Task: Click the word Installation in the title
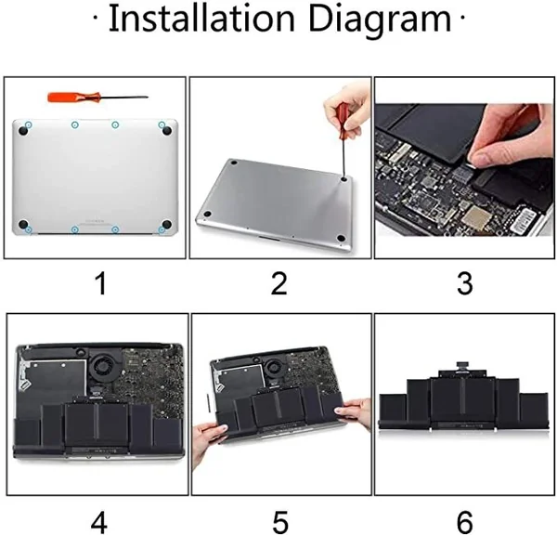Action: (x=201, y=19)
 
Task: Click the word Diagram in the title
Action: (x=380, y=20)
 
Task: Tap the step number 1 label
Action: (x=101, y=283)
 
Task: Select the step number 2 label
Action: (x=278, y=283)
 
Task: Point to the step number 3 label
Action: (x=465, y=283)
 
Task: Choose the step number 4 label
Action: (x=99, y=522)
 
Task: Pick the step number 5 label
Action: (x=280, y=522)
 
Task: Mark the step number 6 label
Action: (x=465, y=522)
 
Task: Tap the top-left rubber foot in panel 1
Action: (x=23, y=131)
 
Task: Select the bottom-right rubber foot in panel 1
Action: (x=166, y=224)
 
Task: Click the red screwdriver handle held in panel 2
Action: (x=344, y=115)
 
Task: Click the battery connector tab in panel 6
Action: (x=462, y=365)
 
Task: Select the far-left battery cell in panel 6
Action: (x=393, y=411)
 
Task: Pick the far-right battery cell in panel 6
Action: (x=534, y=411)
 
